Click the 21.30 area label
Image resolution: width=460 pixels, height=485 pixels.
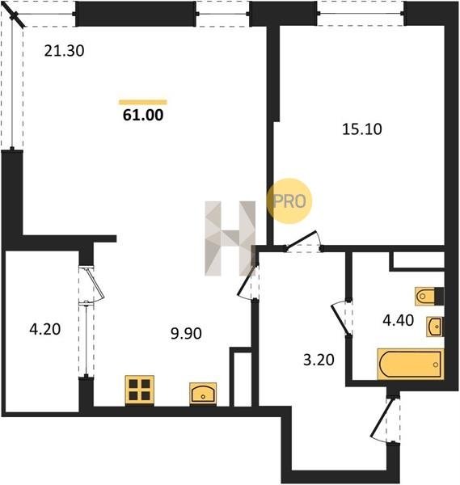pyautogui.click(x=64, y=51)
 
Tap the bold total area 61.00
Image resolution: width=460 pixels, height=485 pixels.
pyautogui.click(x=143, y=115)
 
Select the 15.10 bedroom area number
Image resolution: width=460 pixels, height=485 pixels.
pyautogui.click(x=362, y=129)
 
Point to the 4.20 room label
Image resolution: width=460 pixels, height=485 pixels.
pyautogui.click(x=44, y=329)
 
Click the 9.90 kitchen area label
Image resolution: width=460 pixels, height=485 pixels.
pyautogui.click(x=186, y=333)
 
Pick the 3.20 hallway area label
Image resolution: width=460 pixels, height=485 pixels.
pyautogui.click(x=319, y=360)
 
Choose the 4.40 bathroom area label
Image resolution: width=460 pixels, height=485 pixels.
pyautogui.click(x=398, y=320)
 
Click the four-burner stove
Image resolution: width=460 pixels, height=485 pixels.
pyautogui.click(x=140, y=390)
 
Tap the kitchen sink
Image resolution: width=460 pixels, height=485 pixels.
pyautogui.click(x=203, y=394)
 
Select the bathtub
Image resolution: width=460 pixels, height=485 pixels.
pyautogui.click(x=411, y=364)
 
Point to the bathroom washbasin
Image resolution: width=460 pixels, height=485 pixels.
pyautogui.click(x=435, y=327)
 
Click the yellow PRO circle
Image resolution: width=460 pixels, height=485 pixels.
pyautogui.click(x=289, y=201)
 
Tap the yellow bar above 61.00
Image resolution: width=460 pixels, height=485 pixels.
pyautogui.click(x=143, y=103)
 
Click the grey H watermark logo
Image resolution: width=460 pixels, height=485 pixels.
pyautogui.click(x=230, y=238)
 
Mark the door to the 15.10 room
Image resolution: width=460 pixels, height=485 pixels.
pyautogui.click(x=301, y=239)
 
